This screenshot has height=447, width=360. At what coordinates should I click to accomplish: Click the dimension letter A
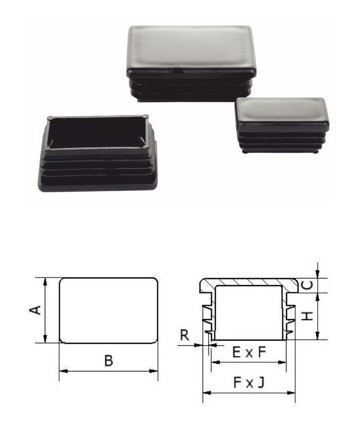click(35, 309)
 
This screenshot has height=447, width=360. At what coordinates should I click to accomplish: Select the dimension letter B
click(109, 361)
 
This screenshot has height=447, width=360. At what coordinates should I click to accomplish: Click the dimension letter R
click(185, 335)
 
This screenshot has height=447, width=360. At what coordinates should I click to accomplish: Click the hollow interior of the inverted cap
click(98, 133)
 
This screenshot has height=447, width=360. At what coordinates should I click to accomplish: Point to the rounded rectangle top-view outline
click(109, 310)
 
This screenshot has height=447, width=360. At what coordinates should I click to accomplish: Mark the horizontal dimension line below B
click(109, 371)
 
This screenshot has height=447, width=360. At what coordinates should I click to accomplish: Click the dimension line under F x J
click(249, 393)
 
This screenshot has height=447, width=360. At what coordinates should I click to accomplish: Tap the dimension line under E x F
click(249, 362)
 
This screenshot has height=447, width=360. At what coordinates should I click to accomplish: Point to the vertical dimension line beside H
click(318, 316)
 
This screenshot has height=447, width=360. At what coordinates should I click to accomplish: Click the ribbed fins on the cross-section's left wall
click(208, 319)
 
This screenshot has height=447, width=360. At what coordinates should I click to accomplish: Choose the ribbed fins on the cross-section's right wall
click(291, 319)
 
